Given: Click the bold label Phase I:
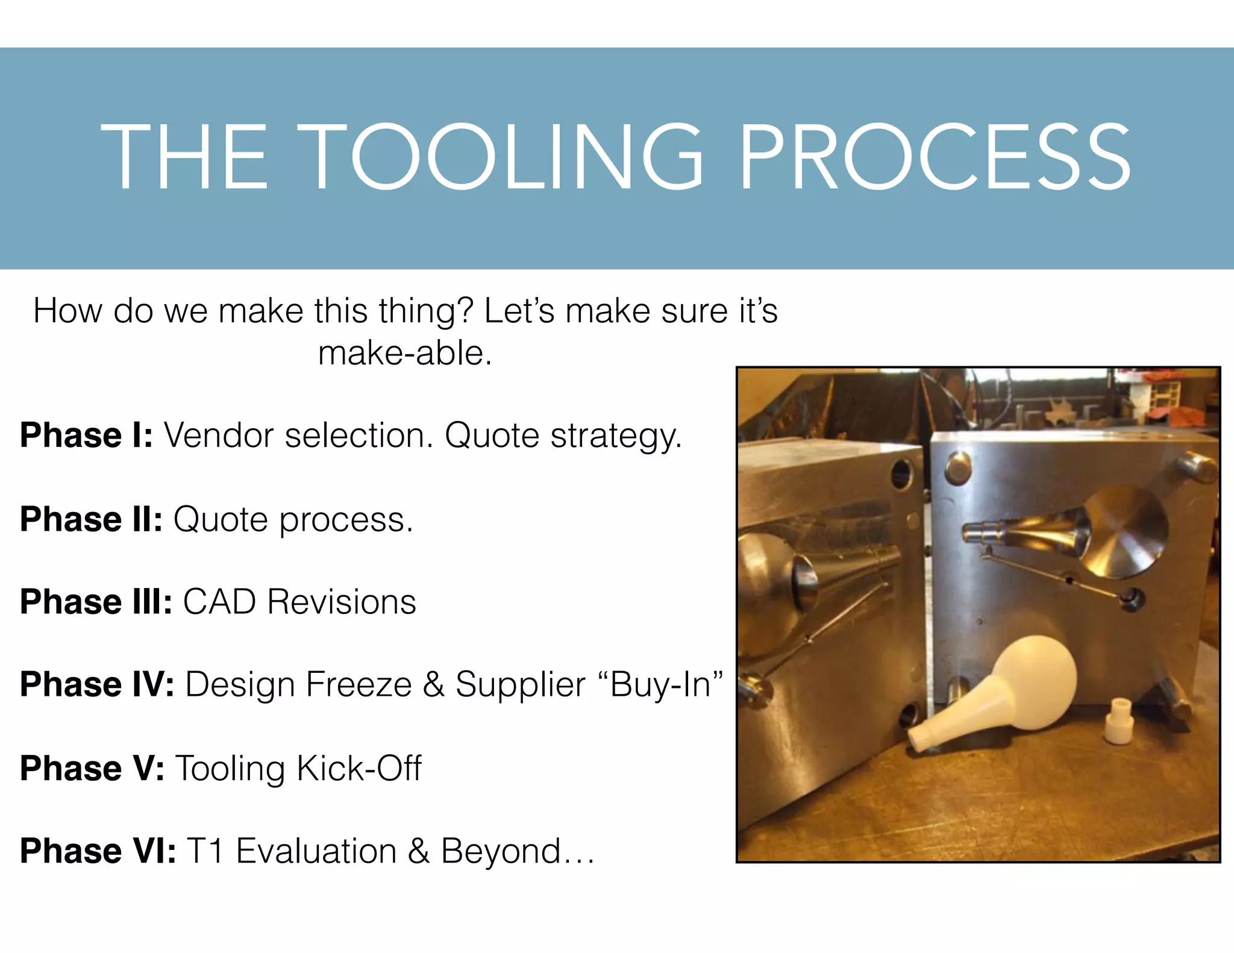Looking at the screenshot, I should click(x=87, y=435).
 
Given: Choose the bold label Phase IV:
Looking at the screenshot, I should click(x=97, y=684).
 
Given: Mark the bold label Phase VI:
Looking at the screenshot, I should click(x=98, y=851).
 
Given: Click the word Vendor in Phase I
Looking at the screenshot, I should click(x=219, y=435).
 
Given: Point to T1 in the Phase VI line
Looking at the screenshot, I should click(x=205, y=851).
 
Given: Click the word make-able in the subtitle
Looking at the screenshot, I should click(x=405, y=353).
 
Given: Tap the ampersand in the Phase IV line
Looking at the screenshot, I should click(x=433, y=684).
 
